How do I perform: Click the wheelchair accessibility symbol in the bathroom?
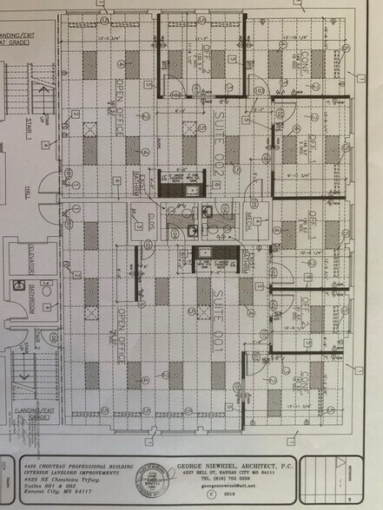tap(16, 284)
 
